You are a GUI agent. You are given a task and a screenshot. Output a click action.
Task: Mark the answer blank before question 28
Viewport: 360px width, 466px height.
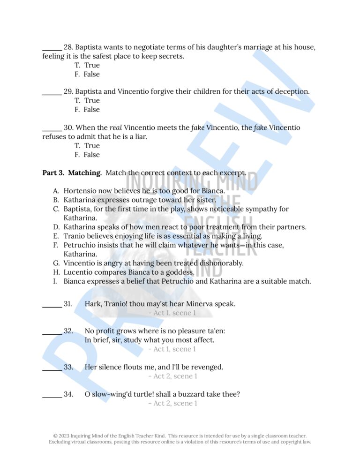[x=52, y=48]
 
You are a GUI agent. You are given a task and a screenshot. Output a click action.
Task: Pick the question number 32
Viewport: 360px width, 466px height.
[x=68, y=331]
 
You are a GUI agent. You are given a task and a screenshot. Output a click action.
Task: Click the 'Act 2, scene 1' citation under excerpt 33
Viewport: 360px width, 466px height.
[x=172, y=376]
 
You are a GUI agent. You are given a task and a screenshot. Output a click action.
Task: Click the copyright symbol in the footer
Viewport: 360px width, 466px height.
[x=55, y=436]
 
